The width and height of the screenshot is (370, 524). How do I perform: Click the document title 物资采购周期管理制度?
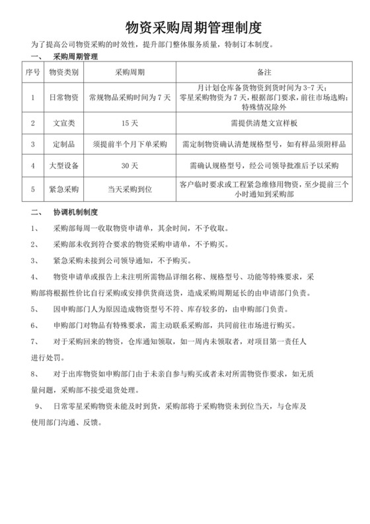click(x=185, y=28)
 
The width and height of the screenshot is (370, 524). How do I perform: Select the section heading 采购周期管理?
click(x=75, y=58)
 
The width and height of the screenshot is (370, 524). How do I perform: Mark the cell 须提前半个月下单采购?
click(x=130, y=144)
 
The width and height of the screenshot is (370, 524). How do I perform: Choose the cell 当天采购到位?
click(x=130, y=189)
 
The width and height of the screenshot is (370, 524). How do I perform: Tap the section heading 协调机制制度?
click(x=75, y=212)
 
